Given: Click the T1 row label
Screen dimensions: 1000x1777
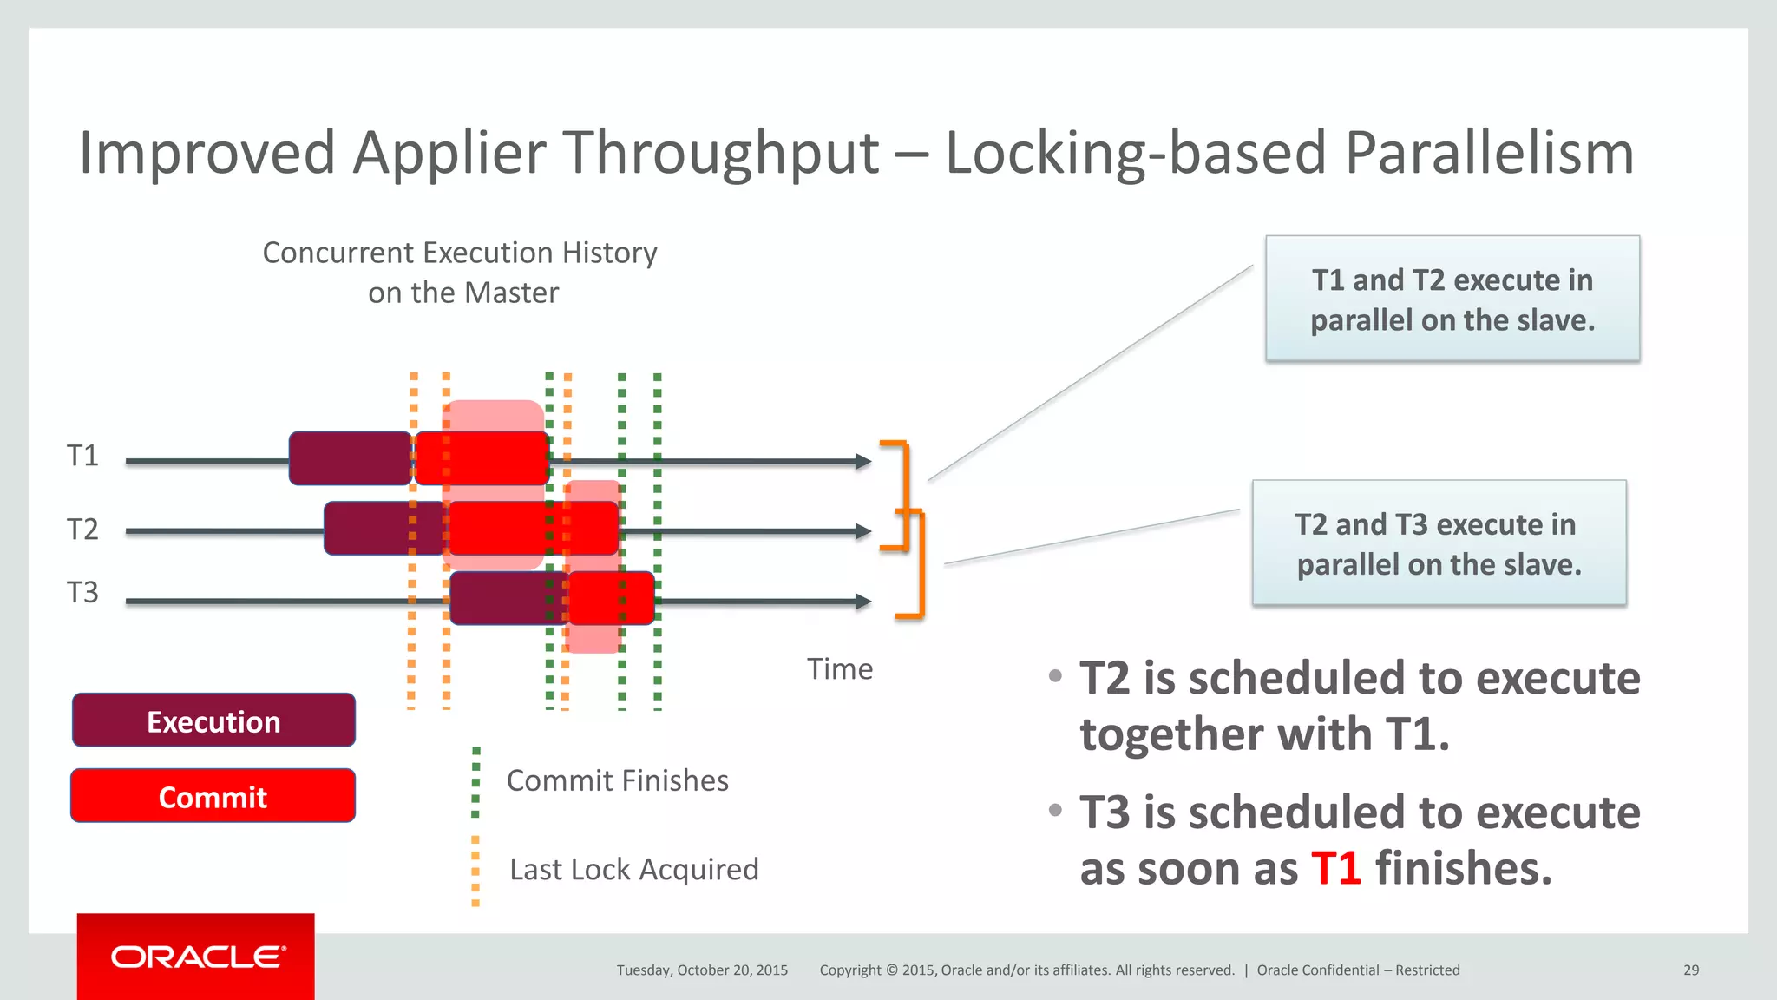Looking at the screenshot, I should point(82,456).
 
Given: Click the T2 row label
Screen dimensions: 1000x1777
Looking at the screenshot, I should point(82,529).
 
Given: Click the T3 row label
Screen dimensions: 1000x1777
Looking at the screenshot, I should point(82,593).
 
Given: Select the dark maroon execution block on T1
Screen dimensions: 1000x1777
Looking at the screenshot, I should point(350,458).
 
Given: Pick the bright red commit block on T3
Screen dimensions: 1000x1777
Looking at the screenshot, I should point(611,598).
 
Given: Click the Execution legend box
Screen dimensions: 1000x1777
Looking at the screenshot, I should point(213,720).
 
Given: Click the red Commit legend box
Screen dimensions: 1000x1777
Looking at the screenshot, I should point(213,796).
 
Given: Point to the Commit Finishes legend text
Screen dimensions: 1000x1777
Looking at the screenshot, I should point(617,780).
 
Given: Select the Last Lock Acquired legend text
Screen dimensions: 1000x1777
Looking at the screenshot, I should point(633,869).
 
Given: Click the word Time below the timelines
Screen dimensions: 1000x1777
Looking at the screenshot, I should point(839,669).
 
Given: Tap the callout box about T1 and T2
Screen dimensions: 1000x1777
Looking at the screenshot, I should point(1452,299).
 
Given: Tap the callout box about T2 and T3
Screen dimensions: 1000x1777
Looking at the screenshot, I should point(1439,543).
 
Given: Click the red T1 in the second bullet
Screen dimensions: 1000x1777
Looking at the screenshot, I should point(1335,868).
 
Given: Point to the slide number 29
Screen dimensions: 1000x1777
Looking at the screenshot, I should point(1690,970).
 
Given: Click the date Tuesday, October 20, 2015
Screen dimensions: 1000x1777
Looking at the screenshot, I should point(702,970).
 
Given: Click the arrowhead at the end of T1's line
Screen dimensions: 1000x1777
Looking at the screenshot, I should point(862,462).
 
